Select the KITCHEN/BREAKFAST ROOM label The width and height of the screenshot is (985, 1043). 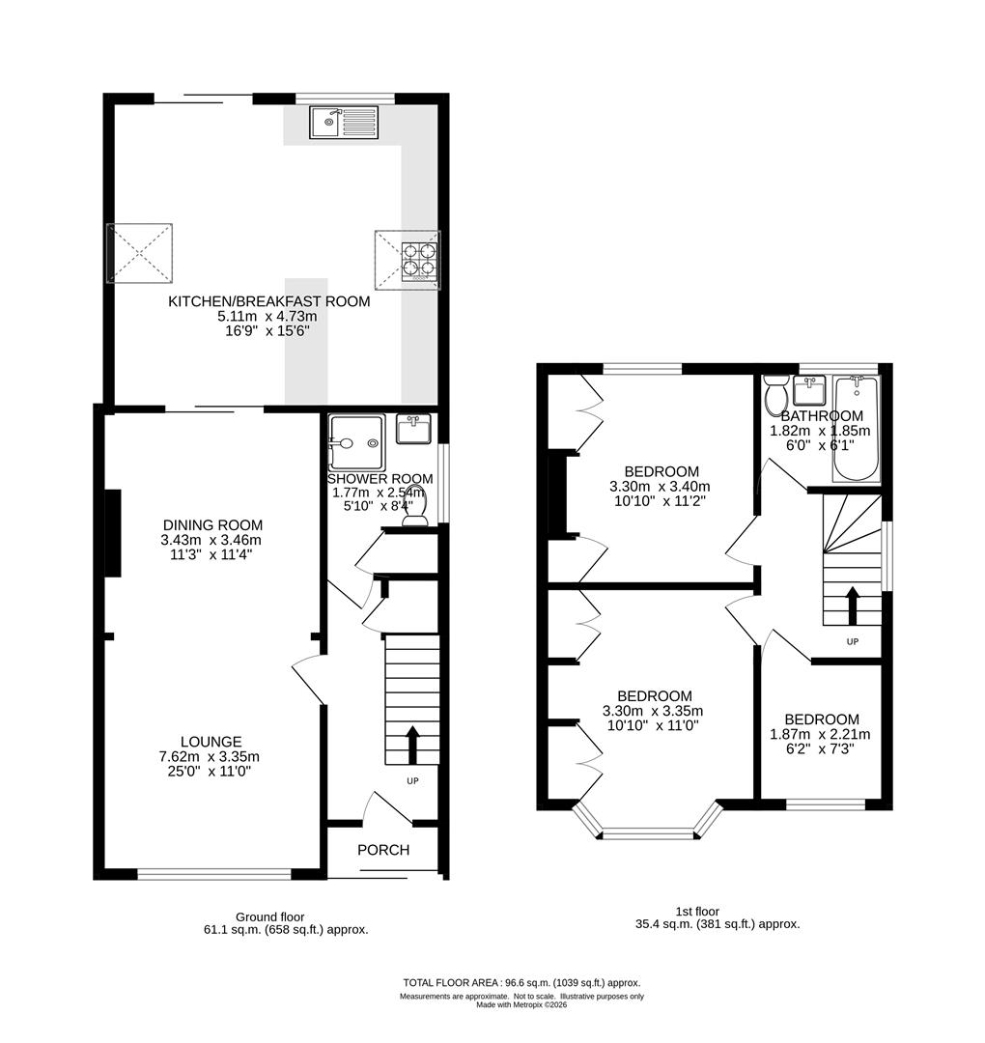[x=269, y=301]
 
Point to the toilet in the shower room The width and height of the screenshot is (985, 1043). [x=415, y=519]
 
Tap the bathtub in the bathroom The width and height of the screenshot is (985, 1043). [x=856, y=430]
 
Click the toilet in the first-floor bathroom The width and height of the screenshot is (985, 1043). [x=774, y=395]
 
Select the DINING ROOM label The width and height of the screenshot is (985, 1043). [x=211, y=525]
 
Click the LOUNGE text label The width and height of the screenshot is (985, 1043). [x=211, y=742]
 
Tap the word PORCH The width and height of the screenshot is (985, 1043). [x=383, y=850]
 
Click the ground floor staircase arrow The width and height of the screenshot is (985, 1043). [x=412, y=745]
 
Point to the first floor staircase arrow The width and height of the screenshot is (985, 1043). [x=852, y=606]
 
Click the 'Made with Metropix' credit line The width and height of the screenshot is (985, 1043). [x=521, y=1004]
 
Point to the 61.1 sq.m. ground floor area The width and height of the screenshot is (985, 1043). [x=279, y=930]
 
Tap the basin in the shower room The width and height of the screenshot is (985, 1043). [x=416, y=428]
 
